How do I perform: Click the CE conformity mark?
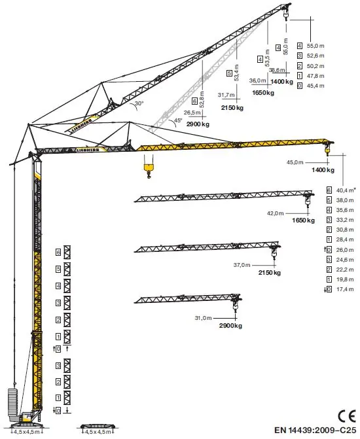346,416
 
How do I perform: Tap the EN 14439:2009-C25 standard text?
315,430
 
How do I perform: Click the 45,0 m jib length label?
295,162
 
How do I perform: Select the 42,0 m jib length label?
275,213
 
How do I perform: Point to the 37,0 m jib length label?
242,264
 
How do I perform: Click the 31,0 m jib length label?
203,318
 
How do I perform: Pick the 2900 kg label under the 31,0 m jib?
230,326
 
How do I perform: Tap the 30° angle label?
139,103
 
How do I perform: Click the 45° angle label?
178,120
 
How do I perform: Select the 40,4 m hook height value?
346,190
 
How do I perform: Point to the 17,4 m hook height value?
345,289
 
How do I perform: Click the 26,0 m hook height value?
345,250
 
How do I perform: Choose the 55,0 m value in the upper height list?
315,46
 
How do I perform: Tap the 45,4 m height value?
315,86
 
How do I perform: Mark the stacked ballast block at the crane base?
12,402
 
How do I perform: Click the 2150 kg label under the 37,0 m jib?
270,272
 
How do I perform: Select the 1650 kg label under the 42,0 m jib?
303,220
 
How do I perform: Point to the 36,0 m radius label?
257,80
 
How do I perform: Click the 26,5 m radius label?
192,113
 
